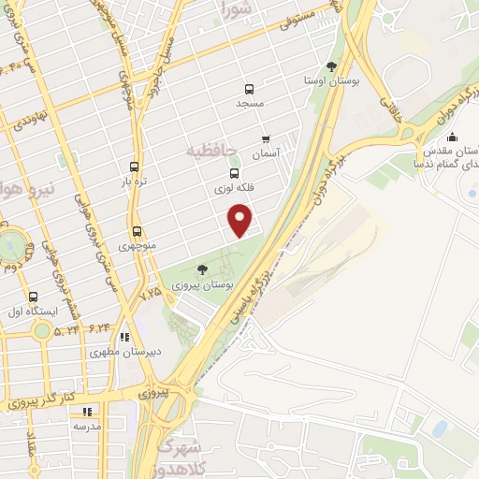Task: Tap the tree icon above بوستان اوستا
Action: [x=331, y=65]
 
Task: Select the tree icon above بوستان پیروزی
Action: [x=202, y=269]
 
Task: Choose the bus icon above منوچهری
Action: [x=138, y=231]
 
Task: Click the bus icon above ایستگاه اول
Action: [x=34, y=297]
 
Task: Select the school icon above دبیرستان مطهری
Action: [x=124, y=338]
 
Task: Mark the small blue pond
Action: [x=439, y=428]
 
